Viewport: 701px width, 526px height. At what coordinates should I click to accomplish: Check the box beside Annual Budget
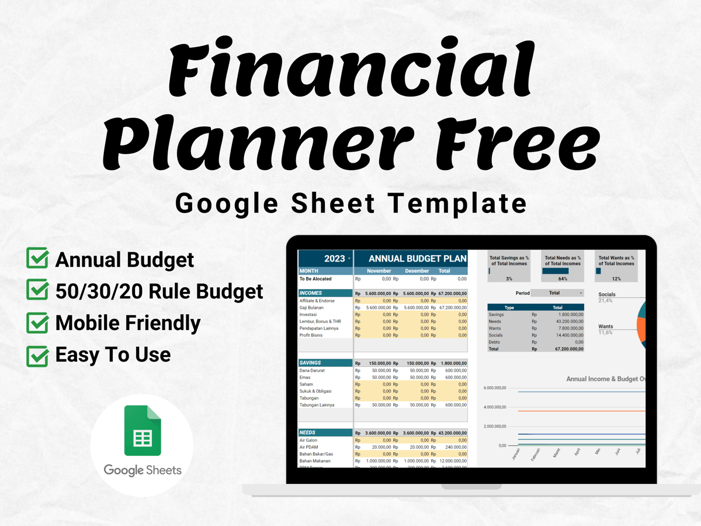point(38,259)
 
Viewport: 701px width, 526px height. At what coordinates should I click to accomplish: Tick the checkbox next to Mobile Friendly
point(38,322)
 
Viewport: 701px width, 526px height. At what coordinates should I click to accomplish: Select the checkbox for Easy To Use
point(38,355)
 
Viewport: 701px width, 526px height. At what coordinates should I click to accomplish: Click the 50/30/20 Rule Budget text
point(159,291)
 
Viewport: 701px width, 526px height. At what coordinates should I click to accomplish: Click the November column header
point(379,271)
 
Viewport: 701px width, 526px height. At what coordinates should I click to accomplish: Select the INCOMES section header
point(311,293)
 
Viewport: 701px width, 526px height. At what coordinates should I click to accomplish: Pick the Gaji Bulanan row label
point(311,308)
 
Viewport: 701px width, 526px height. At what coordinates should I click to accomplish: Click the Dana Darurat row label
point(312,370)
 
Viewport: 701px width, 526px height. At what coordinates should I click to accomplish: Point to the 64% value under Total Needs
point(563,279)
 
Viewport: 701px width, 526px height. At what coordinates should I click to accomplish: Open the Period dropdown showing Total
point(557,293)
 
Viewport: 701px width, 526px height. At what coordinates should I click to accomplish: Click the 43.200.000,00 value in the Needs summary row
point(567,321)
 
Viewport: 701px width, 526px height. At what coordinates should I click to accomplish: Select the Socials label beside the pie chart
point(606,294)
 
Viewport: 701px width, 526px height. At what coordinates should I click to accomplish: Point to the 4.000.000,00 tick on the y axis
point(495,407)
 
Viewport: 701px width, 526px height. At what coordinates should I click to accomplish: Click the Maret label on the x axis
point(556,452)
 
